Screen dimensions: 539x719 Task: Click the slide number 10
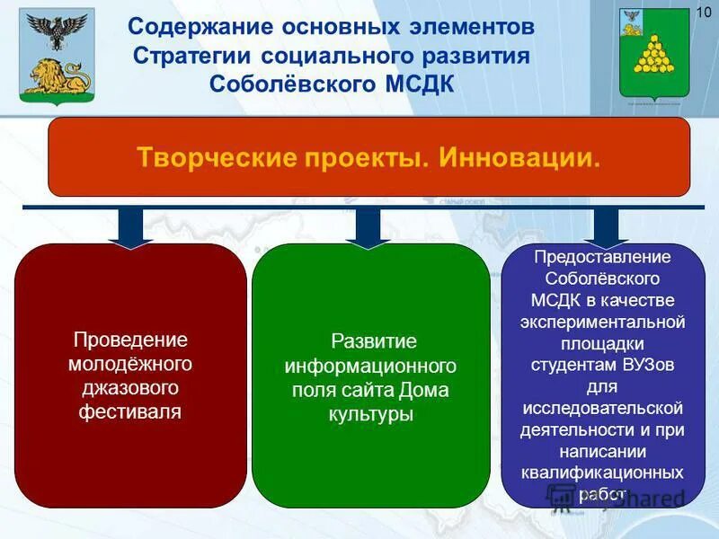[704, 11]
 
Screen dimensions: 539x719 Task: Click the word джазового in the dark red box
[130, 388]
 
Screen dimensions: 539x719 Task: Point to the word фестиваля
[130, 412]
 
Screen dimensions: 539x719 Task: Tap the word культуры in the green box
[370, 415]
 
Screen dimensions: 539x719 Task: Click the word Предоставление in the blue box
[603, 257]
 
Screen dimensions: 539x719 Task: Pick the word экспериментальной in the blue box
[603, 322]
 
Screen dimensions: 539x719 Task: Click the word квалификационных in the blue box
[603, 473]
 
